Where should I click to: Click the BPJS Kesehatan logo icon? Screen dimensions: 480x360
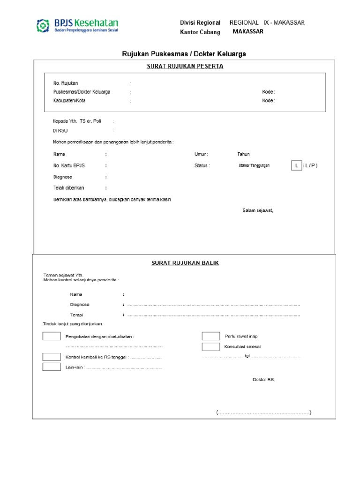(x=43, y=25)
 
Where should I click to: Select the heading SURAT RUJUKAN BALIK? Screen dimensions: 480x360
(x=185, y=263)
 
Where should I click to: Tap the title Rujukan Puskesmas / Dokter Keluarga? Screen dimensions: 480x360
(x=184, y=54)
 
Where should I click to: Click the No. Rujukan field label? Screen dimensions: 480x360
(x=66, y=83)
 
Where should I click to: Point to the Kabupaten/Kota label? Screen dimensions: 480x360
(x=69, y=100)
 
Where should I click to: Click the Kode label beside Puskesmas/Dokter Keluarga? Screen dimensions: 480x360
(x=268, y=92)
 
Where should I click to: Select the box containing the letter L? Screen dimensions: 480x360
(x=297, y=165)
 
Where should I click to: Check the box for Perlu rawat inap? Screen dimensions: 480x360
(x=210, y=336)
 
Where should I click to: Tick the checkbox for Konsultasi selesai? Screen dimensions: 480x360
(x=210, y=346)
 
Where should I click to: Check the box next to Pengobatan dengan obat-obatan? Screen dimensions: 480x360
(x=51, y=336)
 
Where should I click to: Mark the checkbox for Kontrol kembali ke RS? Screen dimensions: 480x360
(x=51, y=357)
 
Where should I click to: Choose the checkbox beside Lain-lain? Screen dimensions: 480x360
(x=51, y=367)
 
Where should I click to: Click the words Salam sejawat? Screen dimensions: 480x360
(x=257, y=210)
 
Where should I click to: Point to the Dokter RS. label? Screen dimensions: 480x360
(x=263, y=379)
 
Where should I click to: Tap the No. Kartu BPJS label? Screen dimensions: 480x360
(x=69, y=165)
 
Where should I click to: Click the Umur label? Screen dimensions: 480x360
(x=201, y=154)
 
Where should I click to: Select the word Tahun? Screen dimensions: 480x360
(x=243, y=154)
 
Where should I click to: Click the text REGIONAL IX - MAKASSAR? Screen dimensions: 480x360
(x=267, y=22)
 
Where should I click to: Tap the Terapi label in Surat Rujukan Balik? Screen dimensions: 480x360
(x=76, y=315)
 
